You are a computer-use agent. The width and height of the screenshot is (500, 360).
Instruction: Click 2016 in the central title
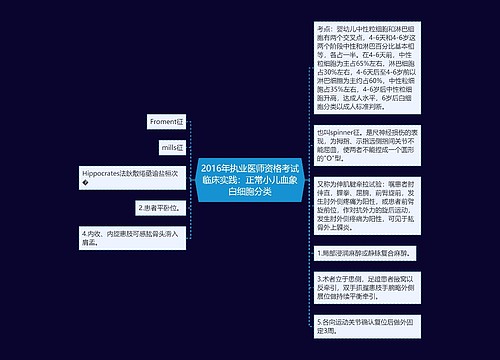213,166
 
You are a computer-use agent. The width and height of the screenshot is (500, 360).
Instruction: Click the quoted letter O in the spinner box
335,158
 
